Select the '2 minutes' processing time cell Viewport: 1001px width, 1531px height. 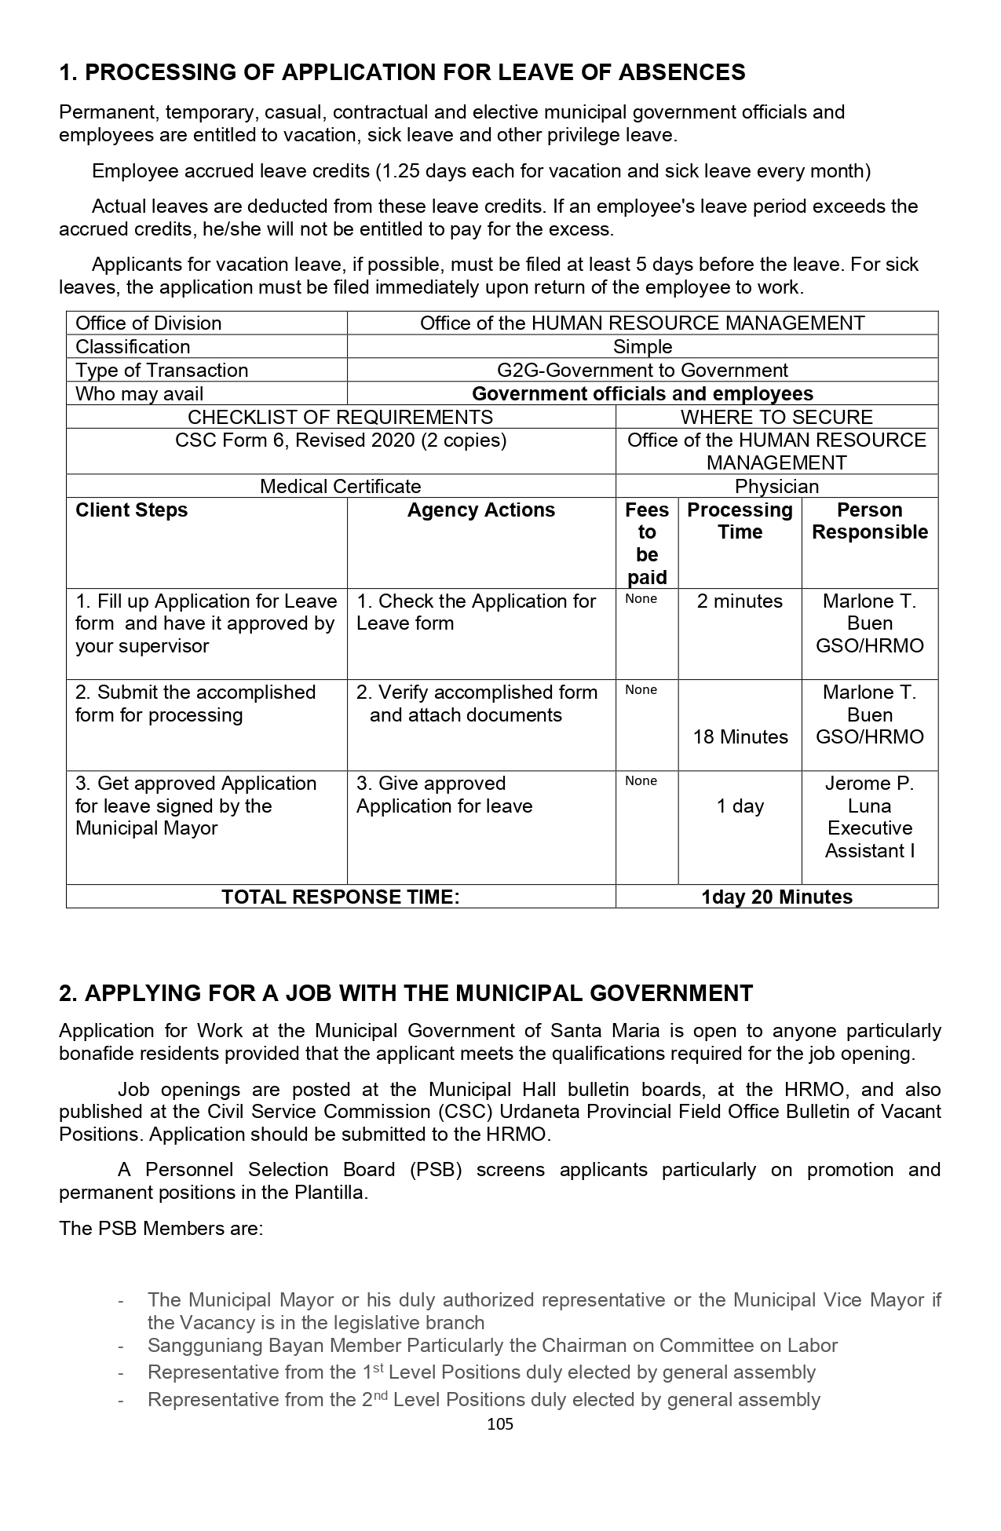[740, 601]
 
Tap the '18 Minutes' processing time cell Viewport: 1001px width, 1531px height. [740, 737]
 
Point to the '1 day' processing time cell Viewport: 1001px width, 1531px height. [740, 806]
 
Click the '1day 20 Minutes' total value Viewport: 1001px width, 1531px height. [776, 897]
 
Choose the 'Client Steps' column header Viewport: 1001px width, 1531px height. [132, 510]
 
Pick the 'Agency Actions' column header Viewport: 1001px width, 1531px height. [480, 510]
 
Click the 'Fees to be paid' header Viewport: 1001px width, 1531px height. [646, 543]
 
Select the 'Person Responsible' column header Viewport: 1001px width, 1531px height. [869, 521]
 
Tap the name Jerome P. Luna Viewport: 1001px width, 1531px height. [869, 795]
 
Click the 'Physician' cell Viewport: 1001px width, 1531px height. [776, 487]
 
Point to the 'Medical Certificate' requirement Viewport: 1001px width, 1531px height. [340, 487]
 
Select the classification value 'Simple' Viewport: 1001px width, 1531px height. [642, 347]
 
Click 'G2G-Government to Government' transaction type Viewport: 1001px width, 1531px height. [642, 371]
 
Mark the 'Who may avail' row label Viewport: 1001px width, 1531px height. [139, 394]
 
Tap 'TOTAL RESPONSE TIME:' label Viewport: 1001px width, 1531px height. [340, 897]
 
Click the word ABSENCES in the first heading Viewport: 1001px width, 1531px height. [681, 73]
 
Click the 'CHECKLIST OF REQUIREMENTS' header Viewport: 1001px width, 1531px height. [340, 417]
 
